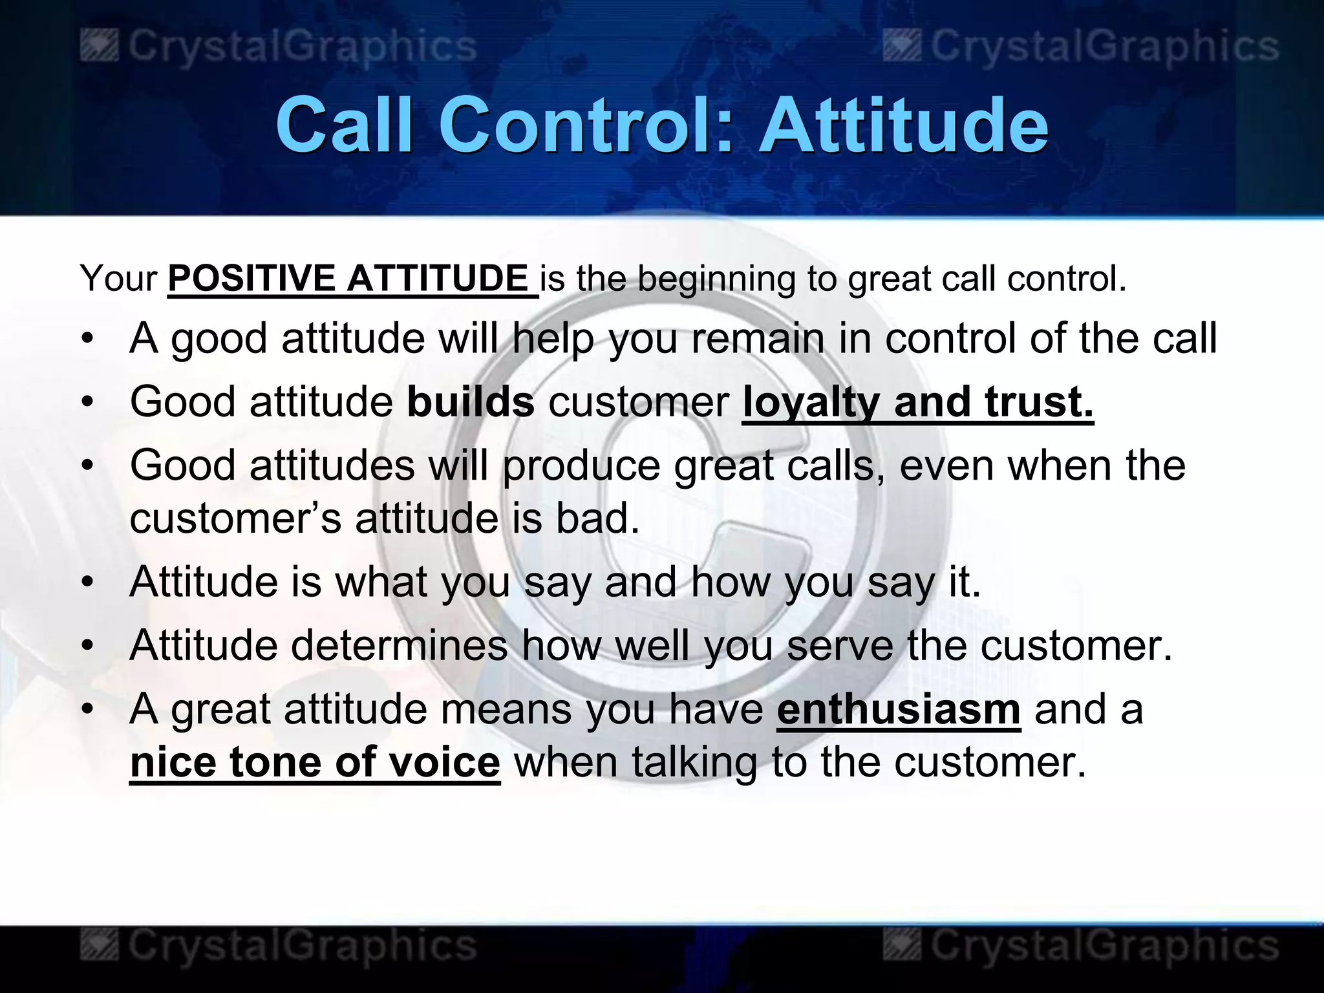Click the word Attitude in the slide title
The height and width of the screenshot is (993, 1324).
tap(903, 125)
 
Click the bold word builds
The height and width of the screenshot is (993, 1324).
tap(471, 401)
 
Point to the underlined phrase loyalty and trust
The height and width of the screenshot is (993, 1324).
tap(917, 401)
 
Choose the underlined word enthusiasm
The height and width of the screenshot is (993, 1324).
tap(899, 709)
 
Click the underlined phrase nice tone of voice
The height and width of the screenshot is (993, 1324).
tap(315, 762)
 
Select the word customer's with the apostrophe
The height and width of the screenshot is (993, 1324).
tap(235, 518)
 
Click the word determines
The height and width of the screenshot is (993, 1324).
tap(400, 645)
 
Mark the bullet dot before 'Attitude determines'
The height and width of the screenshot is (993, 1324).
tap(88, 645)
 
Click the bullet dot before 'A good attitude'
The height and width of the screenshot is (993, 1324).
tap(88, 339)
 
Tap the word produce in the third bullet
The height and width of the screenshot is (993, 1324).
tap(581, 465)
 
